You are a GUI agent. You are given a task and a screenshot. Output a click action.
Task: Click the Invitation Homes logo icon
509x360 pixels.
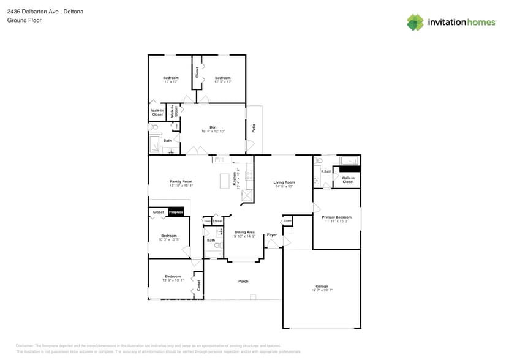[x=415, y=22]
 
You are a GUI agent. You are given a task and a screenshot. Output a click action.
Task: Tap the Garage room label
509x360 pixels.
[x=322, y=287]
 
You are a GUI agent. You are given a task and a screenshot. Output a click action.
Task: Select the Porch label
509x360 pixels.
[x=243, y=281]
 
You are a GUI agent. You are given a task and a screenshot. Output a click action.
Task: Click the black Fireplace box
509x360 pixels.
[x=176, y=212]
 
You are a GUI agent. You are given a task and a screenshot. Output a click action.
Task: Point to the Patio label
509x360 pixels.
[x=254, y=129]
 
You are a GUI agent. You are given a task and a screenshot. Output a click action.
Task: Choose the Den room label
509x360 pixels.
[x=213, y=127]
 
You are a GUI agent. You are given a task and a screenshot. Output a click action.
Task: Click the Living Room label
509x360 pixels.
[x=284, y=182]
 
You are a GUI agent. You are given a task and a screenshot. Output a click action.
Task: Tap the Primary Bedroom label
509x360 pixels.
[x=336, y=217]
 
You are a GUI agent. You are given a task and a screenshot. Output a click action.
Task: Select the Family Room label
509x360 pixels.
[x=181, y=182]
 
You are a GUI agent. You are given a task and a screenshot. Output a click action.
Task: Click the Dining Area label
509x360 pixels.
[x=244, y=232]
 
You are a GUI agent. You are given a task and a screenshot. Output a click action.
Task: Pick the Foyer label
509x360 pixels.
[x=271, y=234]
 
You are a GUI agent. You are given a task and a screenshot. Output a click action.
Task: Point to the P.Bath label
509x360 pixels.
[x=326, y=171]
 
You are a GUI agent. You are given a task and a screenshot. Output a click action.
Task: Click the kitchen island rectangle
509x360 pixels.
[x=224, y=181]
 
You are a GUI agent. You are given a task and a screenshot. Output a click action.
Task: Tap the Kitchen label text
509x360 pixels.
[x=234, y=178]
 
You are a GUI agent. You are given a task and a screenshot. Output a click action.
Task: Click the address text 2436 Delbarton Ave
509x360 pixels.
[x=37, y=12]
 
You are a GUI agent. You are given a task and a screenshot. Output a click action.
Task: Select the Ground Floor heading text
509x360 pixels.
[x=24, y=20]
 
